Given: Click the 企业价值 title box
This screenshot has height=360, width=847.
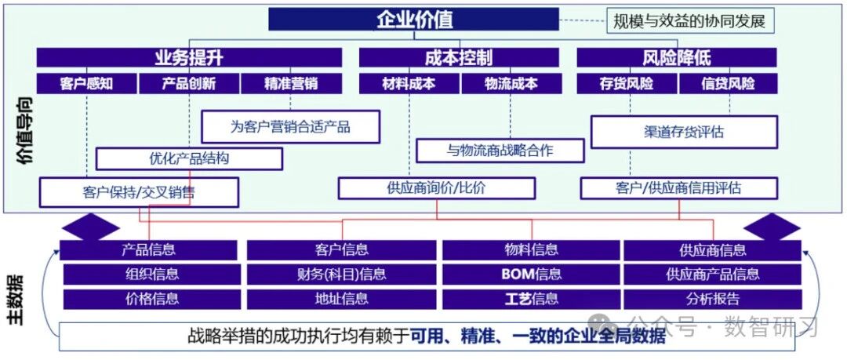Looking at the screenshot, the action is [414, 20].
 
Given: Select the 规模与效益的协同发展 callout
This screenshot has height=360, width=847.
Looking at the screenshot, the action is [689, 22].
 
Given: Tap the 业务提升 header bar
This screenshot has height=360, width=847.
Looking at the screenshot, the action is [189, 57].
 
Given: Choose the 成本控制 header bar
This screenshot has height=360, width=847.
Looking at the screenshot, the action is [459, 57].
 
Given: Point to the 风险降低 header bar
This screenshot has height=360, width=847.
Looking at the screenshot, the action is [677, 57].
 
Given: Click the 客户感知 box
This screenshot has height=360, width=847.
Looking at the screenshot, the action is [86, 84].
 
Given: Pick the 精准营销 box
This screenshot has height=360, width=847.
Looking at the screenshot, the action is [291, 84].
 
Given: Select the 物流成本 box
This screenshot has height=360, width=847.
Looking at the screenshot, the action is [511, 84].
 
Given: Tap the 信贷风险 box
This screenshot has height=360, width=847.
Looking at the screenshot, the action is [728, 84].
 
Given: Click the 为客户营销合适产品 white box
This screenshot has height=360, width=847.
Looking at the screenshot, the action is [290, 127].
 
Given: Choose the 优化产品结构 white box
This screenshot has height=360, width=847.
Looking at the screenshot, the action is [189, 158].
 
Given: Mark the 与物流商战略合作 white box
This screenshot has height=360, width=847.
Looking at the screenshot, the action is [500, 151].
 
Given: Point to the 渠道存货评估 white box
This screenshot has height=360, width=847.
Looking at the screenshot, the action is [684, 131].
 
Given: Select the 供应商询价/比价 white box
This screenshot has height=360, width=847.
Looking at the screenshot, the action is [437, 187].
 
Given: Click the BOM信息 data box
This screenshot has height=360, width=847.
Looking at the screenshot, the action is [532, 274].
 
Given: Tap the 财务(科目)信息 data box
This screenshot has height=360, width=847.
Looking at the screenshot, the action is [341, 274].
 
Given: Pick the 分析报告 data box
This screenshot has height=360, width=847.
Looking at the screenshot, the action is [713, 299].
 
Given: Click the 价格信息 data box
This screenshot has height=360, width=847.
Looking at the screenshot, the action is [152, 299].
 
